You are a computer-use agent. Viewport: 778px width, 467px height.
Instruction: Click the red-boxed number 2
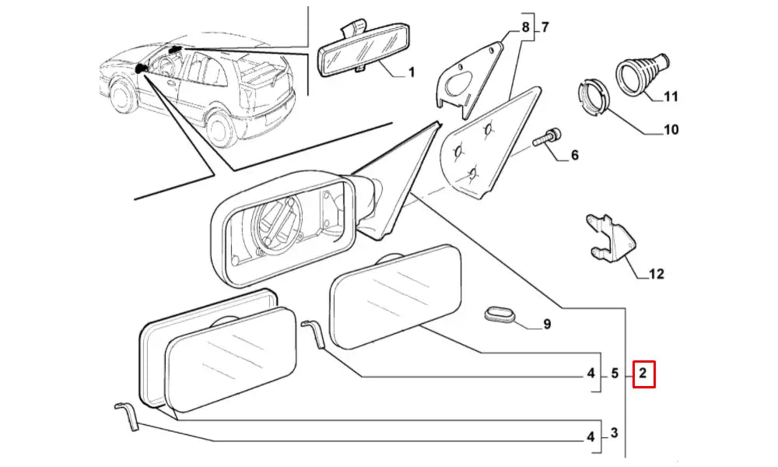(x=643, y=374)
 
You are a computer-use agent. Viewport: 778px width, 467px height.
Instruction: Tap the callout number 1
(x=411, y=73)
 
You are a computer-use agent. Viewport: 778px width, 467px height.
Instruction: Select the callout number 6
(x=574, y=156)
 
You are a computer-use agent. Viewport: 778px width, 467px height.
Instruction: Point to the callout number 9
(x=547, y=325)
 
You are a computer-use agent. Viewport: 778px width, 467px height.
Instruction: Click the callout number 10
(x=670, y=129)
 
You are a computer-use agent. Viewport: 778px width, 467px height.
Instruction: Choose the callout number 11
(x=671, y=97)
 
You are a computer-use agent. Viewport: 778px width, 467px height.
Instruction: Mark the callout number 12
(x=656, y=274)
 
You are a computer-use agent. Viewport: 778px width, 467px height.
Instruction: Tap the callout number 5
(x=614, y=374)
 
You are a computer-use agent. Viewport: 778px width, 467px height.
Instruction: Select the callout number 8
(x=526, y=29)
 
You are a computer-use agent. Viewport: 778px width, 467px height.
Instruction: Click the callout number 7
(x=545, y=29)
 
